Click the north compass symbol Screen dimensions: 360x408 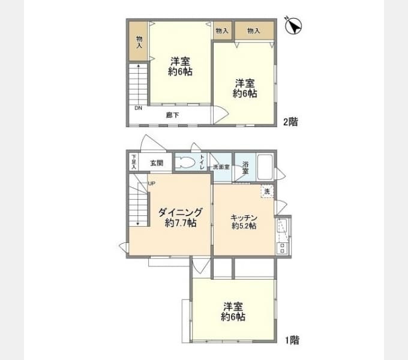[x=293, y=26]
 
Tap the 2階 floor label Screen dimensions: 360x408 [x=290, y=121]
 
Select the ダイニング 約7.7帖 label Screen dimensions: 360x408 [x=179, y=218]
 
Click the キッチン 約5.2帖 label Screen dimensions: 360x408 [x=244, y=221]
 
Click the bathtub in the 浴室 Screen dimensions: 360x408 [x=265, y=166]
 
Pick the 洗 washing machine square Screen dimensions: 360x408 [x=267, y=191]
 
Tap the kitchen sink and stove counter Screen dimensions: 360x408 [x=283, y=235]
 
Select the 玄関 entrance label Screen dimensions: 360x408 [x=157, y=163]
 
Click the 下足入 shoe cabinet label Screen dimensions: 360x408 [x=134, y=162]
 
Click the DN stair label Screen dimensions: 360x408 [x=137, y=109]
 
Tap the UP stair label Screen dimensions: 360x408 [x=152, y=184]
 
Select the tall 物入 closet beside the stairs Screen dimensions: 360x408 [x=139, y=40]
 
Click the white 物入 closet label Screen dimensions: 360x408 [x=221, y=31]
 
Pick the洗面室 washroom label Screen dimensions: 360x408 [x=221, y=166]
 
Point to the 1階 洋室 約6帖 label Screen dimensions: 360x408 [x=232, y=311]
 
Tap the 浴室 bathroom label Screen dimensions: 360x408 [x=245, y=167]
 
